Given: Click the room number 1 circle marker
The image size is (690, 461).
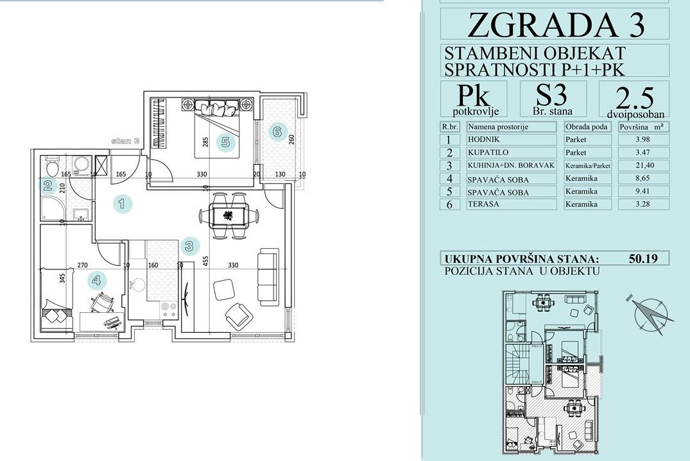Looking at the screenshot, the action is point(123,203).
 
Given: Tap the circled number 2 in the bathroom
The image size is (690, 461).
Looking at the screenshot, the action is point(48,187).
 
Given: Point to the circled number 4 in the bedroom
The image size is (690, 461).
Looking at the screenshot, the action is point(97,280).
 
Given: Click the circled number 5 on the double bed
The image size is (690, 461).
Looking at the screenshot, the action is point(226,142).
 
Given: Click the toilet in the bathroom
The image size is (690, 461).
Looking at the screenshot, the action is point(51,165).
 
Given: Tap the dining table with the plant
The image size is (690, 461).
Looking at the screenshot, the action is point(228,215).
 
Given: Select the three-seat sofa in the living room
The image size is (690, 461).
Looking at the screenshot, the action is point(268,278).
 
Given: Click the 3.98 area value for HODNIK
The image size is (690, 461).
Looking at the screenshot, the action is point(643,139).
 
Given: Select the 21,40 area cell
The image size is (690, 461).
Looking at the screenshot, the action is point(643,165).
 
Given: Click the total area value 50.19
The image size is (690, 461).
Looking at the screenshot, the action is point(643,258).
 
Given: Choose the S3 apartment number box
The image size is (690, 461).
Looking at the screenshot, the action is point(553,99).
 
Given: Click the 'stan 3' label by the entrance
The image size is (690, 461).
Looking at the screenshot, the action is point(125,142).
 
